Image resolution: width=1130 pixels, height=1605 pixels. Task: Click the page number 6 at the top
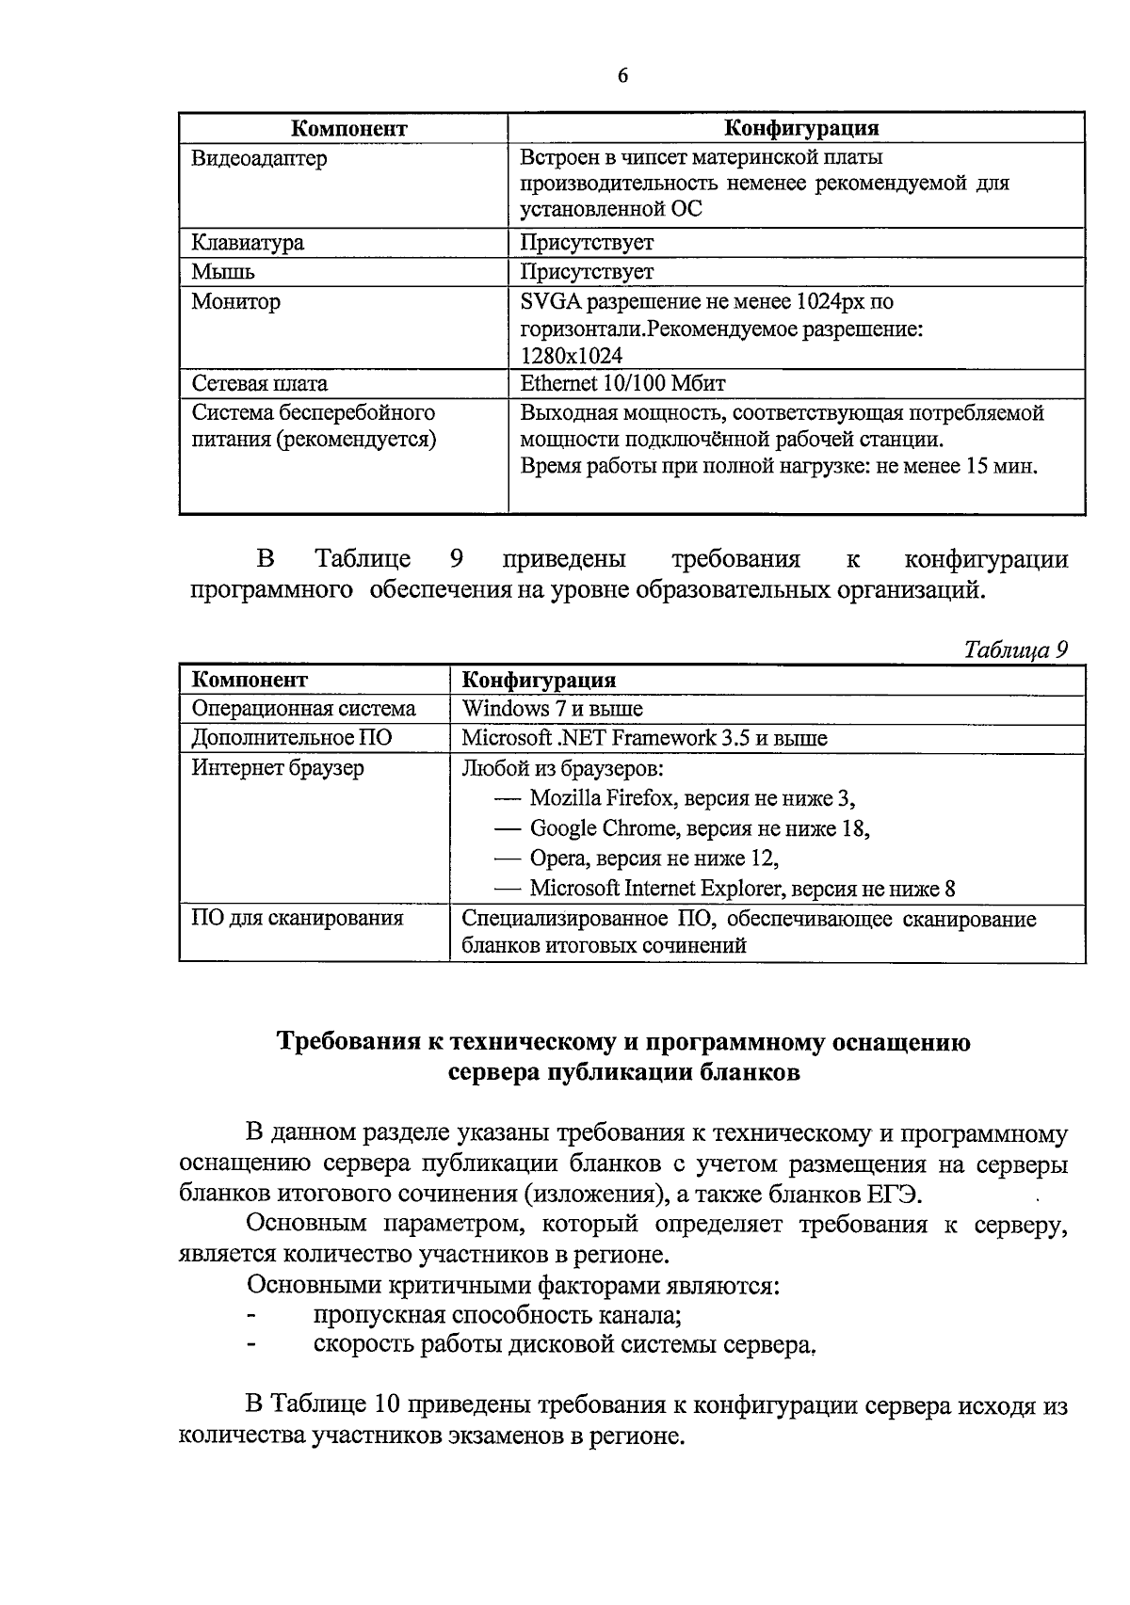[622, 77]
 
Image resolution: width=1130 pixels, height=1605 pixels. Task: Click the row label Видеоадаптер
[259, 158]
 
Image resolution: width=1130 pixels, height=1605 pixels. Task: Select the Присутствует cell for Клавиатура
[587, 243]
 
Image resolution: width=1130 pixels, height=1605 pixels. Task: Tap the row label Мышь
[223, 272]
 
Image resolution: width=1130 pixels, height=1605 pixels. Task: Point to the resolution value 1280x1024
[571, 356]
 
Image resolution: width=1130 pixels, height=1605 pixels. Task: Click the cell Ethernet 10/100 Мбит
[622, 384]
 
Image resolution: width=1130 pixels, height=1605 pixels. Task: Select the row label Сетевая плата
[260, 384]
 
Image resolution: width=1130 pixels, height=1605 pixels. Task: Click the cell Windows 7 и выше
[553, 709]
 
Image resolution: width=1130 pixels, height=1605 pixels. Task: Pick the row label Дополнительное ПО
[292, 738]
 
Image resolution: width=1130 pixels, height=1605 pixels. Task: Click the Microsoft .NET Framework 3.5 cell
[644, 738]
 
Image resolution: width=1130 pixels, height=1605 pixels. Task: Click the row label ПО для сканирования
[298, 918]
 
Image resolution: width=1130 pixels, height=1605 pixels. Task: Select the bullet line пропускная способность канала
[497, 1315]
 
